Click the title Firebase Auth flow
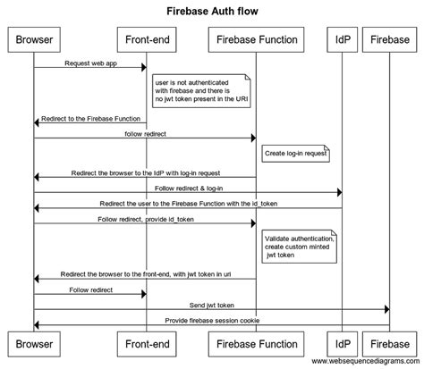click(x=211, y=12)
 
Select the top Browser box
click(x=34, y=40)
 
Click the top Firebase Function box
click(x=257, y=40)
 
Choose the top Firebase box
click(x=389, y=40)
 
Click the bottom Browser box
click(x=34, y=343)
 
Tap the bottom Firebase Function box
click(x=257, y=343)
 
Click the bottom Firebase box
click(x=389, y=343)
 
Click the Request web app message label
click(x=89, y=63)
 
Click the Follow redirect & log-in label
click(x=189, y=188)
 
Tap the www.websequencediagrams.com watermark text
click(x=363, y=361)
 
